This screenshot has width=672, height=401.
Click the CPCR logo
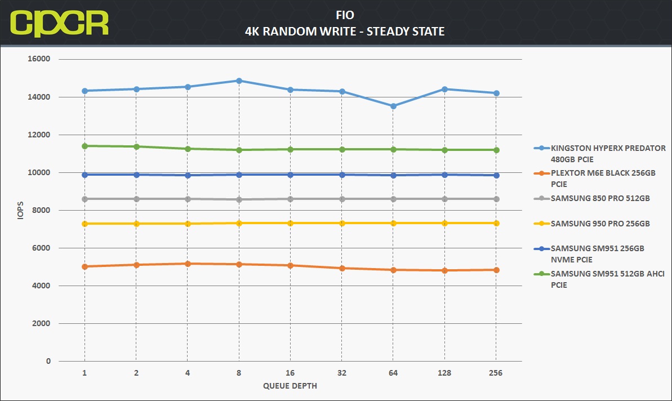[59, 23]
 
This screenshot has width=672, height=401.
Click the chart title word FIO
[345, 15]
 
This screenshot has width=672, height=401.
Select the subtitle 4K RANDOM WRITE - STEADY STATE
[345, 32]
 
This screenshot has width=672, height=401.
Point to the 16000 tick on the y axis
[39, 59]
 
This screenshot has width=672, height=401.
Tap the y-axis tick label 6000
[41, 248]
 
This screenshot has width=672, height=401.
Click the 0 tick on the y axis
[48, 361]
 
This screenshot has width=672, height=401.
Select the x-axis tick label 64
[393, 373]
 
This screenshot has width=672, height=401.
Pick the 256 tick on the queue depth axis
[496, 373]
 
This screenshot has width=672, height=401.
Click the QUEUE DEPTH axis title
[290, 386]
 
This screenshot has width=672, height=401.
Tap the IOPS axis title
[20, 210]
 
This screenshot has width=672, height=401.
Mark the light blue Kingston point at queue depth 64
[393, 106]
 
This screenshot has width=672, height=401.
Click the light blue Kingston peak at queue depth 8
[239, 81]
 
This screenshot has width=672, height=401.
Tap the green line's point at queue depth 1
[85, 146]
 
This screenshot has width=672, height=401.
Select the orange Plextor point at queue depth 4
[188, 264]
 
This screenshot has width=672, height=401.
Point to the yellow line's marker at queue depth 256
[496, 223]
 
